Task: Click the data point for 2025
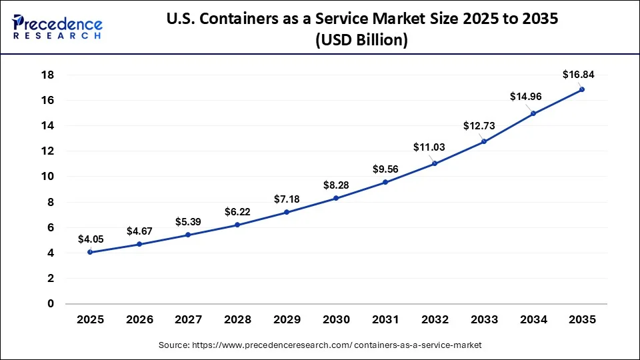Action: (x=90, y=252)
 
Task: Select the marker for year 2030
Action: (x=336, y=198)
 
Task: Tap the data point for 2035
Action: (x=582, y=89)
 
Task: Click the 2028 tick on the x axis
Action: (x=237, y=320)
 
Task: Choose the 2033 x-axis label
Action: (x=483, y=320)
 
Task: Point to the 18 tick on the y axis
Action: (x=49, y=75)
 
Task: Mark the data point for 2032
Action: (x=435, y=163)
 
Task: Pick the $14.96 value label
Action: (x=526, y=97)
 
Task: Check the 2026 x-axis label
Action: (x=139, y=320)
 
